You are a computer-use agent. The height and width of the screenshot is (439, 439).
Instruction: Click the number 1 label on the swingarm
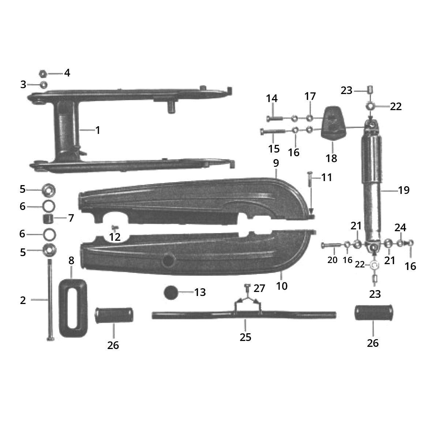coord(98,130)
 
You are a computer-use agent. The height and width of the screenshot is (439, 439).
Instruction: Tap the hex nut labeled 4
coord(42,74)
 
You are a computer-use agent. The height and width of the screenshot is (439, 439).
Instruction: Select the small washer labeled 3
coord(43,85)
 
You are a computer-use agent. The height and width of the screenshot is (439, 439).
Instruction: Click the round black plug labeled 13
coord(170,293)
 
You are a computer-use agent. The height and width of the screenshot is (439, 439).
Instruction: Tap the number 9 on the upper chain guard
coord(276,163)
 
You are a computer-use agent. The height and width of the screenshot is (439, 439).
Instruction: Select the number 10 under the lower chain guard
coord(282,286)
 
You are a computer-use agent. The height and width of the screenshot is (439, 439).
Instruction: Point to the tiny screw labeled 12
coord(113,228)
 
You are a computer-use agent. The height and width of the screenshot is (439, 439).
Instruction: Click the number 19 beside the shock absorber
coord(404,190)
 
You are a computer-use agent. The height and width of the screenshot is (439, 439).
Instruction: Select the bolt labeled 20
coord(331,245)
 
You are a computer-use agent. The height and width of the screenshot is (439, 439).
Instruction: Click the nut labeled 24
coord(401,243)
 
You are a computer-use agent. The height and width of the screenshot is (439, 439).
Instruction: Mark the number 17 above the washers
coord(309,97)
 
